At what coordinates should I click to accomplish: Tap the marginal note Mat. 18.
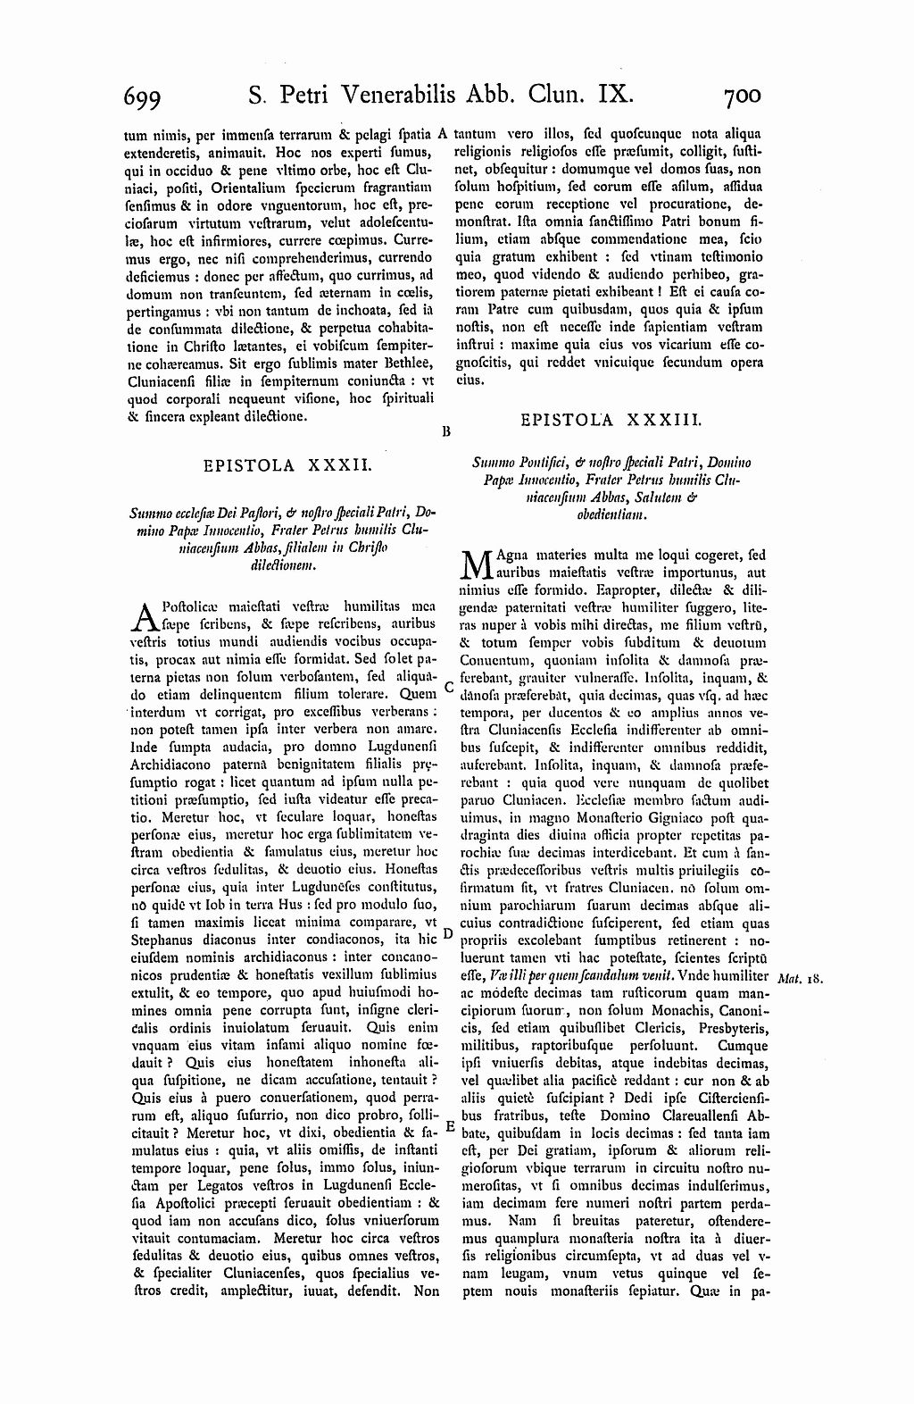coord(799,979)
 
